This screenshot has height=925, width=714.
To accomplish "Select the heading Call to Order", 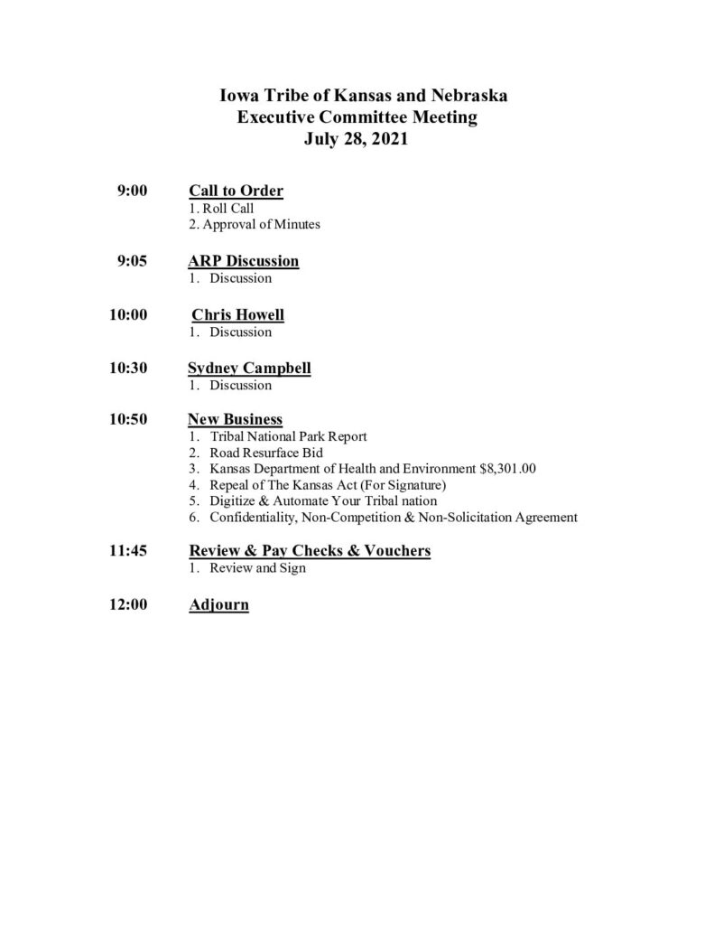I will (x=236, y=191).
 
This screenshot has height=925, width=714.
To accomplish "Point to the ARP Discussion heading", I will (x=243, y=262).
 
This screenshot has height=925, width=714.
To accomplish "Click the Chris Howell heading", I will (x=237, y=315).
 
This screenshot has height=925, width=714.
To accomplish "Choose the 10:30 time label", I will (x=127, y=369).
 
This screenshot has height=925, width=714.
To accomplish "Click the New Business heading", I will (x=235, y=420).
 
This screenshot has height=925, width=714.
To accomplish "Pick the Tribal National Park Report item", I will (x=288, y=436).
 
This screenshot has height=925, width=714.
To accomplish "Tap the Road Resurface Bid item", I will (x=266, y=453).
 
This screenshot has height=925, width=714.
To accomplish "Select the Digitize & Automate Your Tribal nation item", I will (x=323, y=501).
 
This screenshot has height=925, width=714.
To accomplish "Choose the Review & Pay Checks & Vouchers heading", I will (x=309, y=551).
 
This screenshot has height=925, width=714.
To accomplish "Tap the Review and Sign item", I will (x=257, y=568).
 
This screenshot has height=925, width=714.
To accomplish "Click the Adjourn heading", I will (x=218, y=604).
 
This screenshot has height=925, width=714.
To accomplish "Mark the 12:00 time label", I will (x=127, y=604).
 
